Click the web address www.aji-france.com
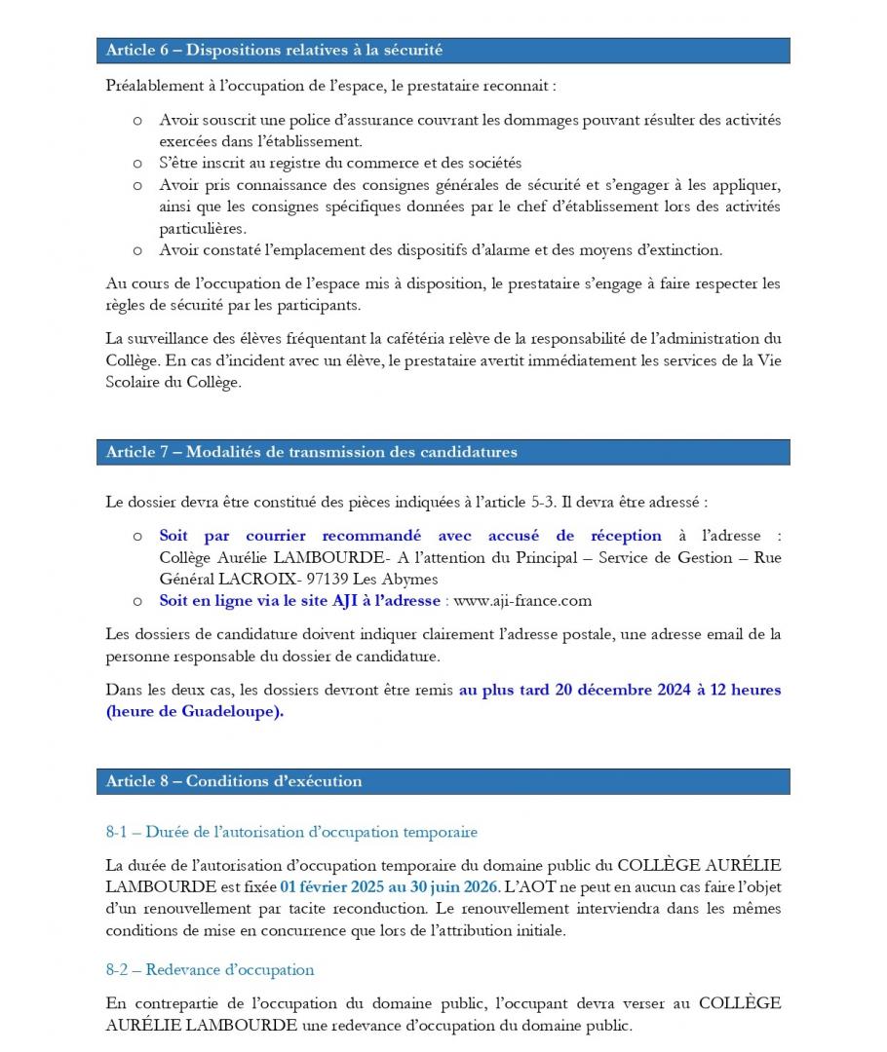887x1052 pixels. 523,601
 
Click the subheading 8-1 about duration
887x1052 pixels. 291,832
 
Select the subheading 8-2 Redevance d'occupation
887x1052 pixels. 211,969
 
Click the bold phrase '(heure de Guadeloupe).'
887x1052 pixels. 195,711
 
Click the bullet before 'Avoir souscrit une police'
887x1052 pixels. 137,121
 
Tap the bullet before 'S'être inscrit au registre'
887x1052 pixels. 137,164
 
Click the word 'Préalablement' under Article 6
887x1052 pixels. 154,86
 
